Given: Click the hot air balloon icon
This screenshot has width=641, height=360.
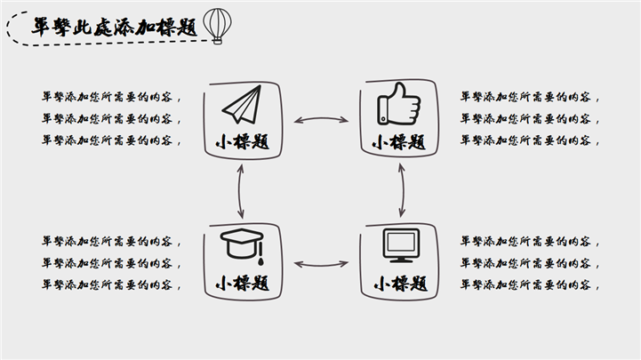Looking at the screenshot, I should click(x=216, y=24).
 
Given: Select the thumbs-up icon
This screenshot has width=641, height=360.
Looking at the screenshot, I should click(x=398, y=103).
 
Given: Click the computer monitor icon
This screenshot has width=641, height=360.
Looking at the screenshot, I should click(x=399, y=245).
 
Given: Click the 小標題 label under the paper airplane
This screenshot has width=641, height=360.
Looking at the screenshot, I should click(x=242, y=142).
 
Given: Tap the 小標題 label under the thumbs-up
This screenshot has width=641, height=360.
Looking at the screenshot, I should click(x=399, y=142).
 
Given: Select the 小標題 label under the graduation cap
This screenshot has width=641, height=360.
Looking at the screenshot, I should click(x=242, y=284).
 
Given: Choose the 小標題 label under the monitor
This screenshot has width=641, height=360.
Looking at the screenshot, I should click(x=399, y=284).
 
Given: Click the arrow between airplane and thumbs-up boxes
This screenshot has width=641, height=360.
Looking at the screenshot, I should click(x=321, y=119).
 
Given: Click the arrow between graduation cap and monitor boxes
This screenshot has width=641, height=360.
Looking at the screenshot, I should click(x=321, y=263).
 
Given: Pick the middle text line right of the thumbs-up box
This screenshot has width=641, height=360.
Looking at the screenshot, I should click(x=530, y=118).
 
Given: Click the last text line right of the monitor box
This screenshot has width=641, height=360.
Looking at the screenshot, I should click(x=530, y=284).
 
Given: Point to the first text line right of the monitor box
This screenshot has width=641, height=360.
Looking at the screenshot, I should click(x=530, y=241).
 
